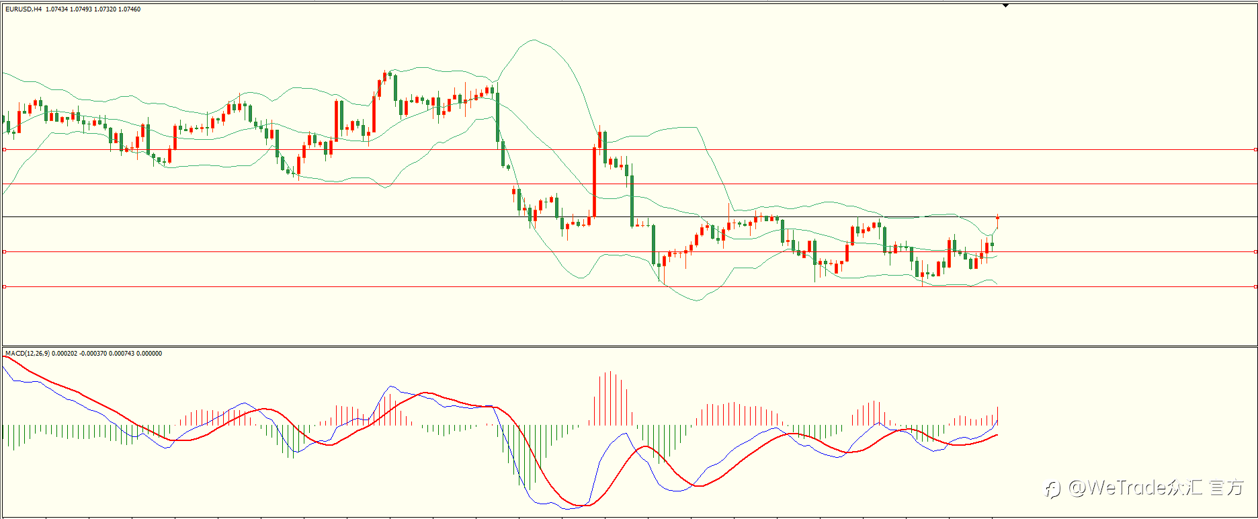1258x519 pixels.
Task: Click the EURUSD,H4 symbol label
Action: point(24,9)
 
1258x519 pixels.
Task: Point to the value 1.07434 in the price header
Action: point(56,9)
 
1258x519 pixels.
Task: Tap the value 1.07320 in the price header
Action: point(105,9)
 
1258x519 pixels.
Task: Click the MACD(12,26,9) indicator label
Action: point(27,354)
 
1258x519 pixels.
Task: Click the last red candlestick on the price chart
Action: point(998,221)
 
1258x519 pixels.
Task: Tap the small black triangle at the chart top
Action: point(1006,5)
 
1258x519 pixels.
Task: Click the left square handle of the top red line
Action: point(4,150)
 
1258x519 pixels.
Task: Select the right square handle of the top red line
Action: point(1255,150)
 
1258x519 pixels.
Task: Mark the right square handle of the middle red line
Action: point(1255,252)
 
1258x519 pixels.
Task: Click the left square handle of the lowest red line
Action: point(4,287)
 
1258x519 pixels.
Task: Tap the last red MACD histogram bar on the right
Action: point(998,415)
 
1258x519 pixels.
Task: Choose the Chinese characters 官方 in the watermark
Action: point(1226,487)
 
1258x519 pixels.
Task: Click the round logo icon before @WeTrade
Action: point(1053,489)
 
